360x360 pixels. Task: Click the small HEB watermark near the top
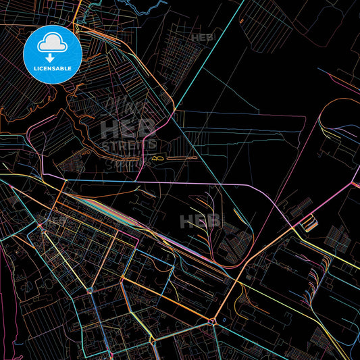[202, 38]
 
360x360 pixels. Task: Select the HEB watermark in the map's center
[201, 221]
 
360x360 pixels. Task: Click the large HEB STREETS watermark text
[128, 135]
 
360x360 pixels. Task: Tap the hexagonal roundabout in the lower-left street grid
[90, 290]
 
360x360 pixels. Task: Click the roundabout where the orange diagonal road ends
[213, 320]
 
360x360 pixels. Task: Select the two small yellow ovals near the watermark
[158, 158]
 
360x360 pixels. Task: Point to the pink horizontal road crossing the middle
[203, 182]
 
